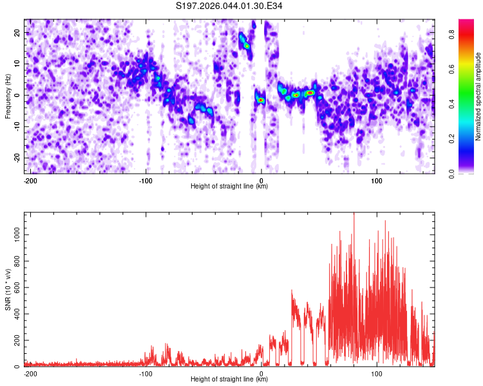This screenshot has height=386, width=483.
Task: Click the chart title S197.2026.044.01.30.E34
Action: pos(241,6)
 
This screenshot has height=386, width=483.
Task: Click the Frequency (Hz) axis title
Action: pos(8,96)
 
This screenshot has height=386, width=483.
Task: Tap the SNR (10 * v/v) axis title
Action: pos(8,289)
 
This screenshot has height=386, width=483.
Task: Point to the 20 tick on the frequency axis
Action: pos(17,32)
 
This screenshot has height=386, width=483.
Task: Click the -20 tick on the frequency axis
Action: pos(17,158)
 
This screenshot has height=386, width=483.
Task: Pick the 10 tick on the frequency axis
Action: pos(17,64)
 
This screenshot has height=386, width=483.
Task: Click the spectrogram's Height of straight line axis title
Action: pos(229,187)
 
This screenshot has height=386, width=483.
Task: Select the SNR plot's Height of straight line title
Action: pos(229,380)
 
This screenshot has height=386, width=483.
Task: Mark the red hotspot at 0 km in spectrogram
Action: pos(261,100)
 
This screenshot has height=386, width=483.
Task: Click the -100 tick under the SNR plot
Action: pos(146,373)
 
